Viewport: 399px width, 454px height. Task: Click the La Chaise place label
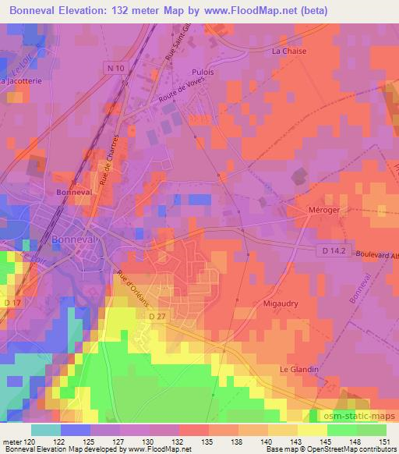(288, 51)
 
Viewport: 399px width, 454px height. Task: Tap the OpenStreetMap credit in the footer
(339, 450)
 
